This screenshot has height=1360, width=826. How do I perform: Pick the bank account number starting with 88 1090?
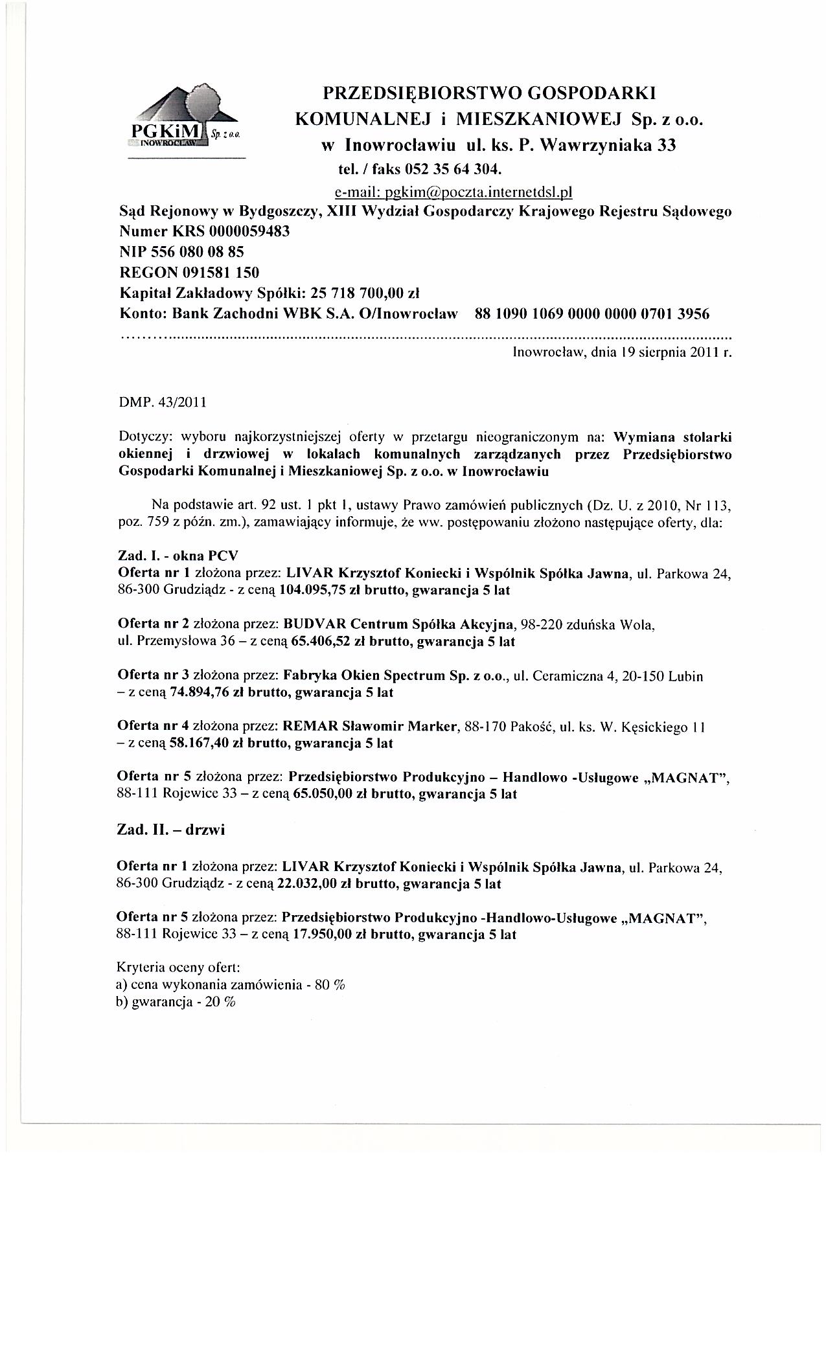click(x=592, y=314)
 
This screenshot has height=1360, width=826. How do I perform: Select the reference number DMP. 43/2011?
click(x=163, y=402)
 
